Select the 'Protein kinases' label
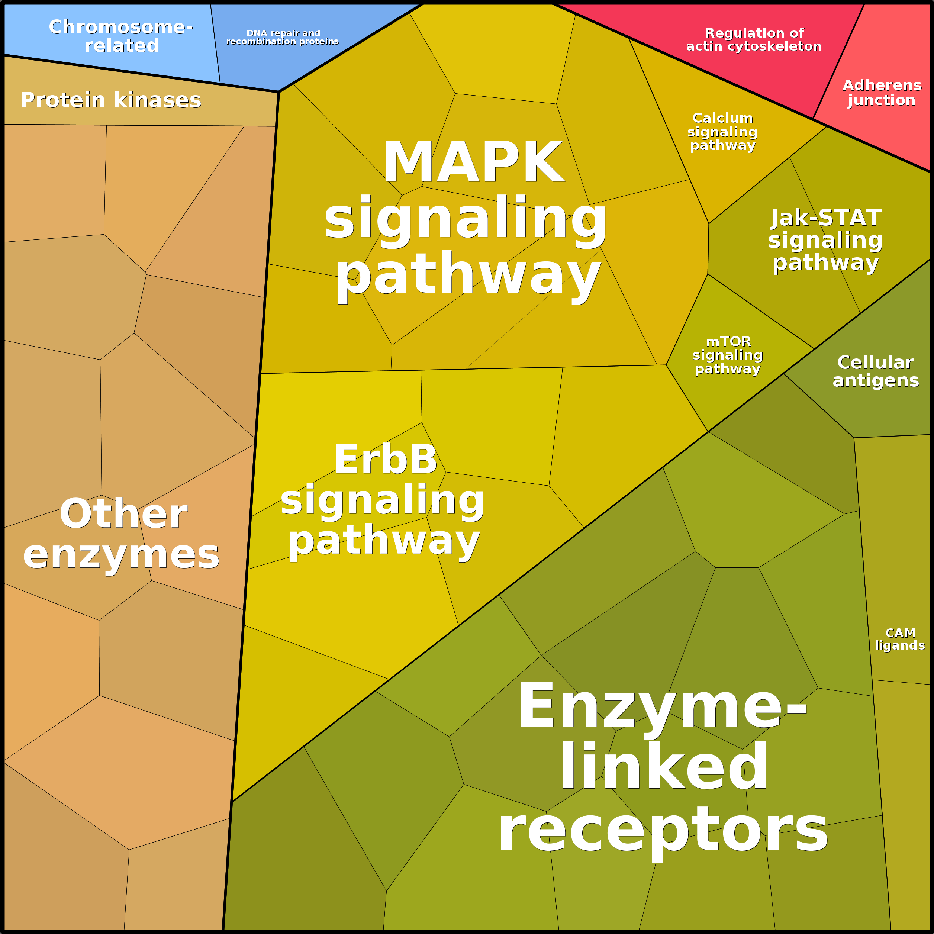click(111, 100)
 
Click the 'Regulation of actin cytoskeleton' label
click(754, 40)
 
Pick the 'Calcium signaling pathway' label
click(722, 132)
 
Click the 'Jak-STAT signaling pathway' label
click(825, 240)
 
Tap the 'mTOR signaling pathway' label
click(728, 355)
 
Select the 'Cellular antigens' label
click(876, 371)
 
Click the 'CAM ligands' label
click(900, 639)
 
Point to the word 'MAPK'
click(474, 162)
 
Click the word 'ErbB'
click(385, 459)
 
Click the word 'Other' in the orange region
click(123, 514)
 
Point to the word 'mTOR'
click(728, 342)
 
